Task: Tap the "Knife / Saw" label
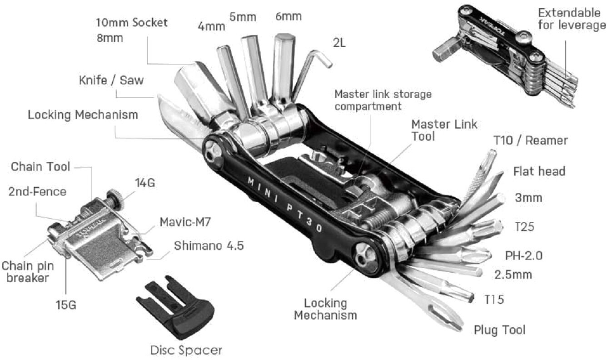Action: [x=111, y=80]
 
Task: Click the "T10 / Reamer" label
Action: [x=530, y=140]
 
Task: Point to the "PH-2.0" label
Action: [x=523, y=255]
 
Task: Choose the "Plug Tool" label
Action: [x=499, y=330]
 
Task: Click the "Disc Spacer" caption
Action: [x=186, y=350]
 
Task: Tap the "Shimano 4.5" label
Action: [x=209, y=246]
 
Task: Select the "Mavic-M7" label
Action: [x=185, y=223]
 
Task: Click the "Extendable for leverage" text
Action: [x=572, y=19]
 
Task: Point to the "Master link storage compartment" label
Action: [x=383, y=100]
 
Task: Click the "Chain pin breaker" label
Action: [x=25, y=271]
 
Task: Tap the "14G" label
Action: [x=145, y=183]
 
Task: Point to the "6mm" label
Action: [x=288, y=17]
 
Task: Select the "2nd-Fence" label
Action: [x=37, y=191]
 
